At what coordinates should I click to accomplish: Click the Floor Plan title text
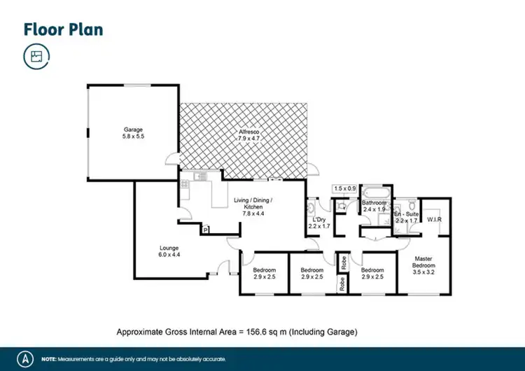pos(63,29)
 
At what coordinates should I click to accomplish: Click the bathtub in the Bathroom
pos(377,192)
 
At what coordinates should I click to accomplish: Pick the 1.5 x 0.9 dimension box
pos(344,188)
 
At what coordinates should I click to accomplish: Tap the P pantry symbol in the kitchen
pos(206,229)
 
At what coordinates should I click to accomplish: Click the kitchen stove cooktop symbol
pos(185,185)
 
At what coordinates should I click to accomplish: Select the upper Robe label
pos(344,262)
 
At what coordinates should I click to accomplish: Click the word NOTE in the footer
pos(49,358)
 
